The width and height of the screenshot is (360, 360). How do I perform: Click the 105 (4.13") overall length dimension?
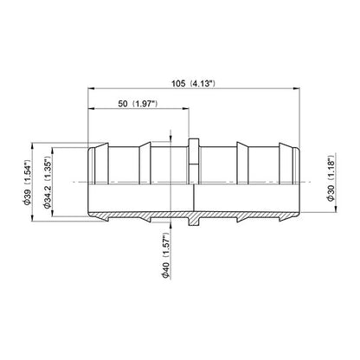[193, 84]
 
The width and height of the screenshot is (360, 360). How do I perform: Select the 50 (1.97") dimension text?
[138, 104]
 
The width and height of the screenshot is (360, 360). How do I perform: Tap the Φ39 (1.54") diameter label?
[28, 183]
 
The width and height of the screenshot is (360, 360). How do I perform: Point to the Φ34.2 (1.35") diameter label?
[47, 183]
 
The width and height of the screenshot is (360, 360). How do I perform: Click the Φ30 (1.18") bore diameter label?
[331, 178]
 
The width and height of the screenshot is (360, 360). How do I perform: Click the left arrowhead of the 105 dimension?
[91, 89]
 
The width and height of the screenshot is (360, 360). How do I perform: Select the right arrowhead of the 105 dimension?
[297, 89]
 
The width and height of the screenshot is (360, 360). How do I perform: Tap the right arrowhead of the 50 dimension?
[185, 109]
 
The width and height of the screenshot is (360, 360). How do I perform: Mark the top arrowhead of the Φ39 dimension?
[33, 146]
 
